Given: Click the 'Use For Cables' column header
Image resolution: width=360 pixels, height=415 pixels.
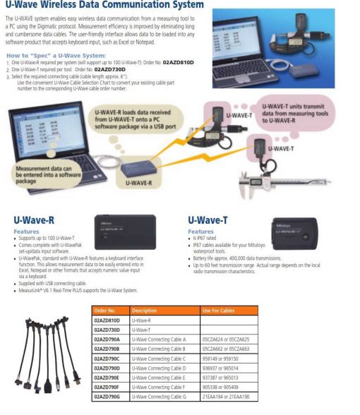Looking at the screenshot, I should coord(218,310).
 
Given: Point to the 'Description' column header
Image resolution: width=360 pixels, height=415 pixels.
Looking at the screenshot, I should coord(145,310).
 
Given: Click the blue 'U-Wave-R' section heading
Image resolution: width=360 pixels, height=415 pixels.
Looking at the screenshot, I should coord(35,219).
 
